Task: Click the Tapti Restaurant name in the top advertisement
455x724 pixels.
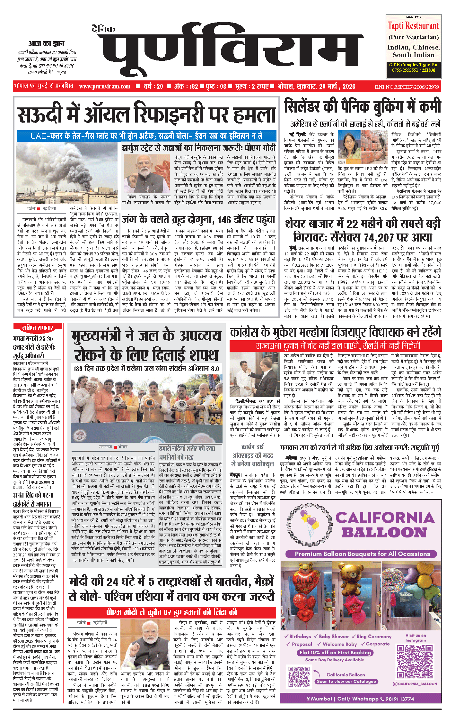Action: (x=413, y=26)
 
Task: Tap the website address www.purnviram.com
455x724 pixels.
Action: (x=105, y=87)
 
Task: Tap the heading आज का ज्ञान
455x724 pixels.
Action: (x=46, y=43)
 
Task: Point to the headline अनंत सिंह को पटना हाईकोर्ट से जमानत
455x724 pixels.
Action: (x=33, y=499)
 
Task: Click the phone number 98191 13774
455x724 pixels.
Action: (x=399, y=699)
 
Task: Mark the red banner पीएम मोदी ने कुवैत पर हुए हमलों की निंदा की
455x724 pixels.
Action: (x=171, y=612)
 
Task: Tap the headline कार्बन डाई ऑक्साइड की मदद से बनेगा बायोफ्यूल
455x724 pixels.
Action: (x=252, y=455)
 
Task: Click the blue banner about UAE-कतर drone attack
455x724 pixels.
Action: (x=146, y=136)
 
